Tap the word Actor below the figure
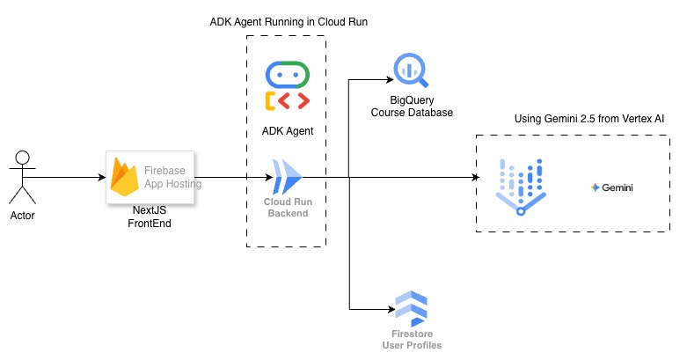click(x=22, y=216)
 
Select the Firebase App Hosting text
click(x=172, y=178)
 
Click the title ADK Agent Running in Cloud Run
click(x=288, y=21)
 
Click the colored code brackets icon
click(x=288, y=100)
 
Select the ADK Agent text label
click(x=288, y=130)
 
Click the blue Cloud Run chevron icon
click(x=288, y=177)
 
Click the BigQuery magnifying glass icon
click(x=411, y=68)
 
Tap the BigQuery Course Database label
click(x=412, y=107)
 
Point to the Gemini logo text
click(x=613, y=187)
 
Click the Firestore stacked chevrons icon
click(x=411, y=307)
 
